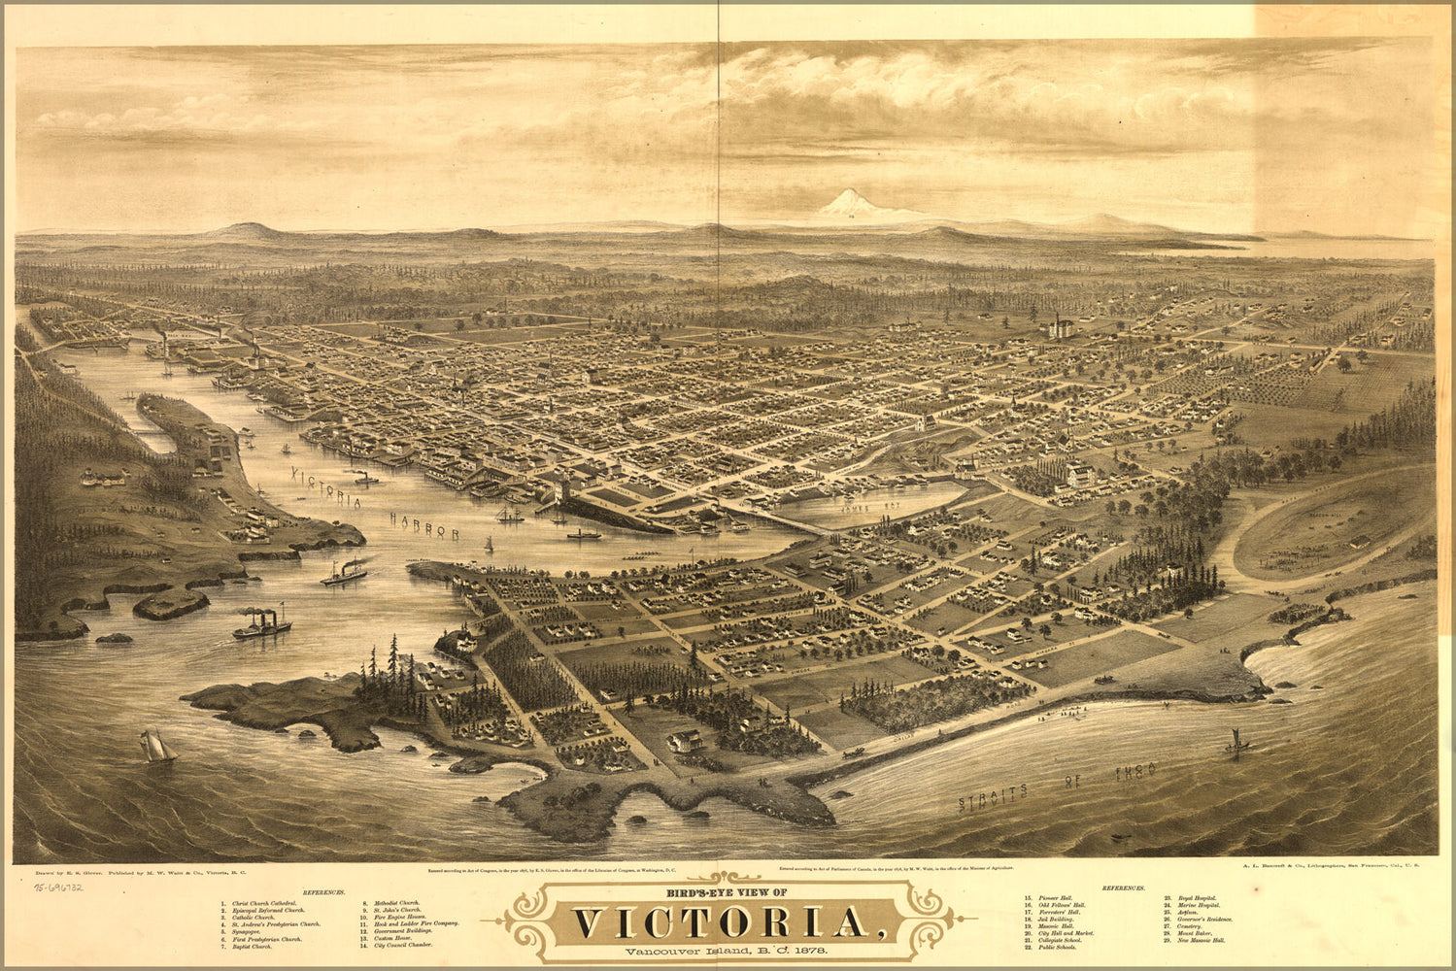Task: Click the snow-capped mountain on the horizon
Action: click(x=845, y=204)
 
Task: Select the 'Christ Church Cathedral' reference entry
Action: click(x=264, y=903)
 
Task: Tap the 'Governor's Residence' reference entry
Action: click(x=1204, y=919)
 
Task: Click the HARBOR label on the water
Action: click(x=424, y=525)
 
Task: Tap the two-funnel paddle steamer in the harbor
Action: click(x=261, y=624)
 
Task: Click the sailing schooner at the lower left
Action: click(x=156, y=747)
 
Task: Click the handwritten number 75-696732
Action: click(x=58, y=887)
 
